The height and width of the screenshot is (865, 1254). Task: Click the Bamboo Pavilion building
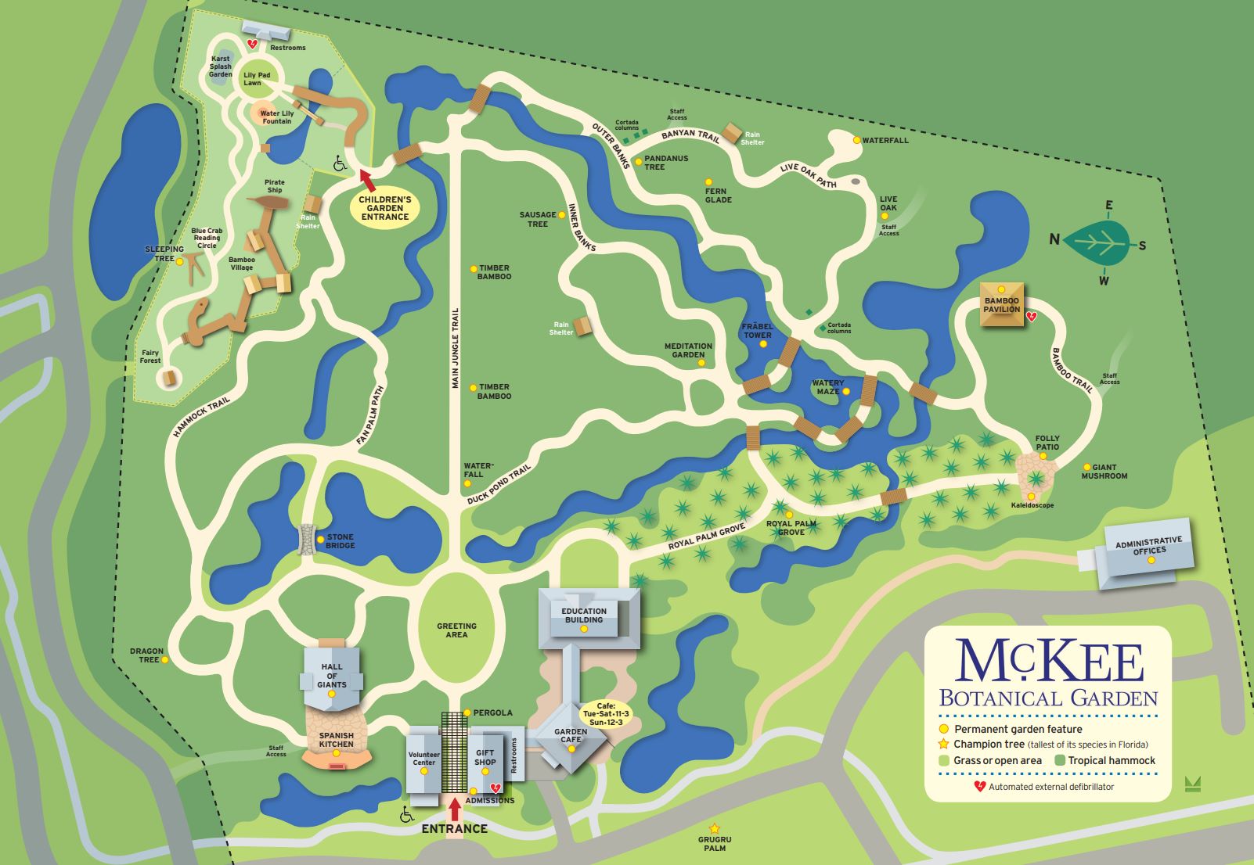(1002, 305)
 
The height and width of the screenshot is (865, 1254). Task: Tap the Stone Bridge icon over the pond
(308, 540)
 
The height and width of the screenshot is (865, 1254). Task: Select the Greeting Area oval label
(456, 630)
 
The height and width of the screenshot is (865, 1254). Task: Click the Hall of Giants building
(332, 677)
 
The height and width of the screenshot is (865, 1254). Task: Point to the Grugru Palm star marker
(714, 829)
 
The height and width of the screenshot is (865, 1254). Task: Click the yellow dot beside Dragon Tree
(166, 660)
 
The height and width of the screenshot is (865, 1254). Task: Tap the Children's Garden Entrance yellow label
(384, 208)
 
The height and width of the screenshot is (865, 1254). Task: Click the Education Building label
(584, 616)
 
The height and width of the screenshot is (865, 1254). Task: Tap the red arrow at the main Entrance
(455, 808)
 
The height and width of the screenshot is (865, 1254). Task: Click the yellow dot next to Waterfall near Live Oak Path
(856, 141)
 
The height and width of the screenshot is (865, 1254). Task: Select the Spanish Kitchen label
(336, 739)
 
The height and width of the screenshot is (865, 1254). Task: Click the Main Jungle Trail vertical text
(455, 348)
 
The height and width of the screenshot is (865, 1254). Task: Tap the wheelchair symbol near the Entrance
(407, 815)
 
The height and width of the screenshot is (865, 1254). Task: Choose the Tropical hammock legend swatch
(1060, 760)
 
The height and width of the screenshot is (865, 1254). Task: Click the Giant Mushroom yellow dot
(1086, 467)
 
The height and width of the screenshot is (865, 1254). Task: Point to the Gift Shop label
(485, 757)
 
